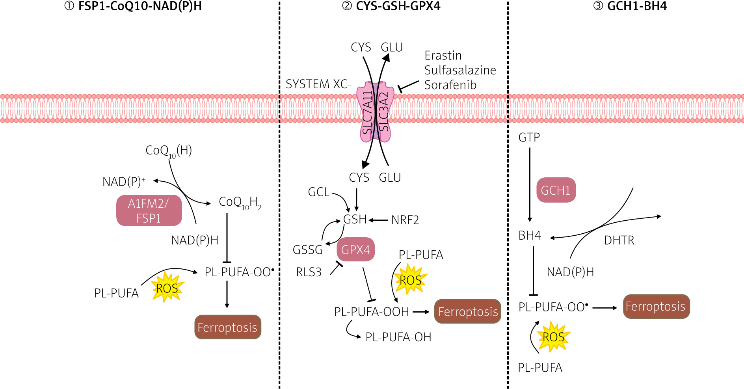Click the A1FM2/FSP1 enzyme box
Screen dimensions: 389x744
pyautogui.click(x=149, y=210)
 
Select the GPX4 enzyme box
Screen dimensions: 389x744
pyautogui.click(x=355, y=249)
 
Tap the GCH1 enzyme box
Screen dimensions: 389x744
pyautogui.click(x=556, y=190)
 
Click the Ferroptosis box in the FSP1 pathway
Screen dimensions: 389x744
pyautogui.click(x=227, y=327)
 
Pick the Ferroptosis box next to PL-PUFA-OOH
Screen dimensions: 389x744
pyautogui.click(x=468, y=312)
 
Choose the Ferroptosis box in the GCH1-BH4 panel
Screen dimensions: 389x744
pyautogui.click(x=656, y=306)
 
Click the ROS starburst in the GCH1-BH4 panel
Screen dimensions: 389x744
pyautogui.click(x=553, y=337)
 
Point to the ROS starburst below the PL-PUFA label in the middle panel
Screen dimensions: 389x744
pyautogui.click(x=411, y=280)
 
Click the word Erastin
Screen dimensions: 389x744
pyautogui.click(x=443, y=56)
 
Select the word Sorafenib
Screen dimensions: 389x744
pyautogui.click(x=450, y=85)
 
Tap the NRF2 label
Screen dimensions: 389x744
pyautogui.click(x=405, y=220)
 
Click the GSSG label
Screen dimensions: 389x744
pyautogui.click(x=308, y=249)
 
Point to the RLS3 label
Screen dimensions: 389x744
pyautogui.click(x=309, y=272)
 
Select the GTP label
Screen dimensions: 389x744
pyautogui.click(x=529, y=138)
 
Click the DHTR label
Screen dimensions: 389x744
pyautogui.click(x=619, y=240)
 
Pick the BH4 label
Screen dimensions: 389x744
pyautogui.click(x=530, y=236)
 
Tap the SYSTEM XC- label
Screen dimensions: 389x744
pyautogui.click(x=318, y=84)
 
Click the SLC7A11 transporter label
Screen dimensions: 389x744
pyautogui.click(x=367, y=113)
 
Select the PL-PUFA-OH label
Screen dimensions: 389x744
pyautogui.click(x=398, y=337)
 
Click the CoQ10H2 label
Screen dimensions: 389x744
pyautogui.click(x=240, y=203)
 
